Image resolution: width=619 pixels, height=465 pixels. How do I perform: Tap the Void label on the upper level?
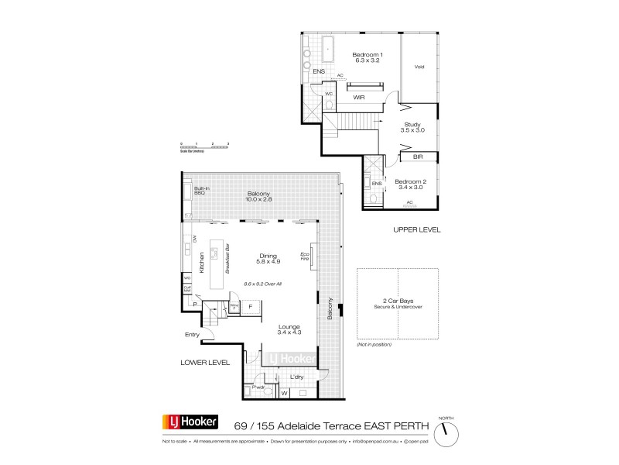click(x=419, y=66)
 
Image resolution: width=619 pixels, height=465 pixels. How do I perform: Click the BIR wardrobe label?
click(x=418, y=157)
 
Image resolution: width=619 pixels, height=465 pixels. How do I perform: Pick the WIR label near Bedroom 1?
click(x=359, y=98)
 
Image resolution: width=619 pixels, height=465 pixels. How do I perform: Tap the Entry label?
click(x=192, y=335)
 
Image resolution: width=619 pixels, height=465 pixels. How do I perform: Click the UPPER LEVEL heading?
click(x=416, y=230)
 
